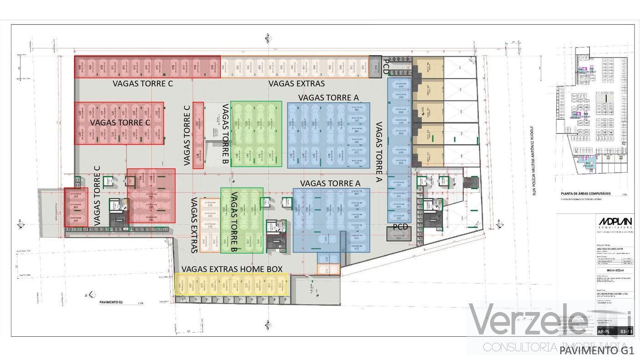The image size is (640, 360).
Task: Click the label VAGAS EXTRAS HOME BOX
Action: pyautogui.click(x=232, y=269)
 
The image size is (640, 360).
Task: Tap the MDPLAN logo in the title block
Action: pyautogui.click(x=615, y=222)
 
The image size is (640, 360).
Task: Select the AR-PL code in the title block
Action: pyautogui.click(x=603, y=332)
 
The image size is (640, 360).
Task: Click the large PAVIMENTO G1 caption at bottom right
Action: pyautogui.click(x=597, y=350)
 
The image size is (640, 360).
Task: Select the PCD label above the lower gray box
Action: pyautogui.click(x=399, y=228)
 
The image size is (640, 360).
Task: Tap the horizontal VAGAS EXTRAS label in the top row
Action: pyautogui.click(x=296, y=84)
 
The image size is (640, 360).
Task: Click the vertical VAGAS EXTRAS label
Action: pyautogui.click(x=194, y=225)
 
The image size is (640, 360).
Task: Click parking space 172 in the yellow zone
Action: pyautogui.click(x=280, y=286)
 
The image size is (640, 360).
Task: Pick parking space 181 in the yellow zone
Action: pyautogui.click(x=179, y=286)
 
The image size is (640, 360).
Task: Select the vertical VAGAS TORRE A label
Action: pyautogui.click(x=379, y=151)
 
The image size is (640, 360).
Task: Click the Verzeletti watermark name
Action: pyautogui.click(x=549, y=320)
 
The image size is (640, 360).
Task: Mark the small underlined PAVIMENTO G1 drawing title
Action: pyautogui.click(x=112, y=302)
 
